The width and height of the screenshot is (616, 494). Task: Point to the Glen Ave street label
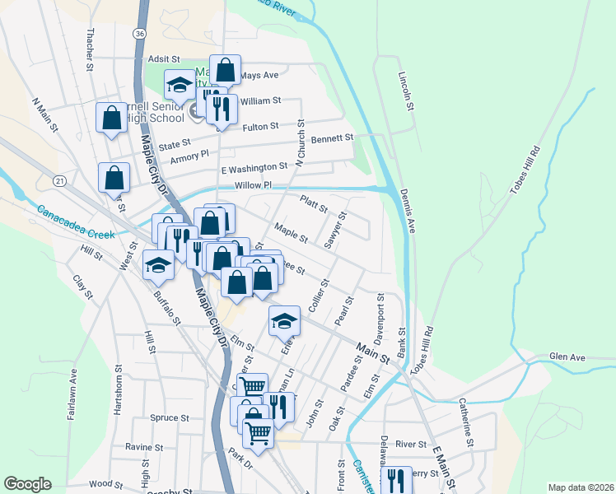pyautogui.click(x=567, y=357)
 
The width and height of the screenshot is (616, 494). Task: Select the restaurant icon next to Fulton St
pyautogui.click(x=222, y=108)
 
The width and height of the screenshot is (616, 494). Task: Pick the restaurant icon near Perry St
pyautogui.click(x=398, y=479)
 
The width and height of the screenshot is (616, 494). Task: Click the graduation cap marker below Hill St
pyautogui.click(x=158, y=264)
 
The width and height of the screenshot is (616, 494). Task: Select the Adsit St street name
pyautogui.click(x=164, y=59)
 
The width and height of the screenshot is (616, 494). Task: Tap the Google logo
pyautogui.click(x=27, y=484)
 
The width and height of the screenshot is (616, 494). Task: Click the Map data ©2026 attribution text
pyautogui.click(x=581, y=487)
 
